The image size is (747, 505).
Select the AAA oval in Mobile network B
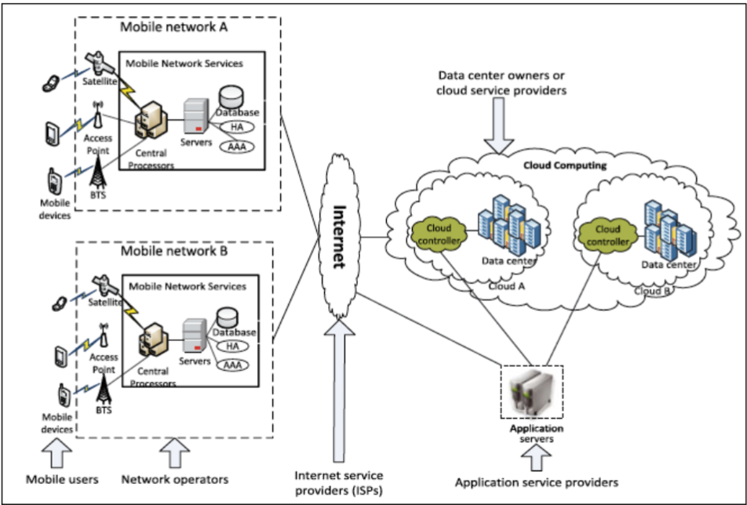(x=232, y=365)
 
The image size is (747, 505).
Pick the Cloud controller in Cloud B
(x=608, y=235)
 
